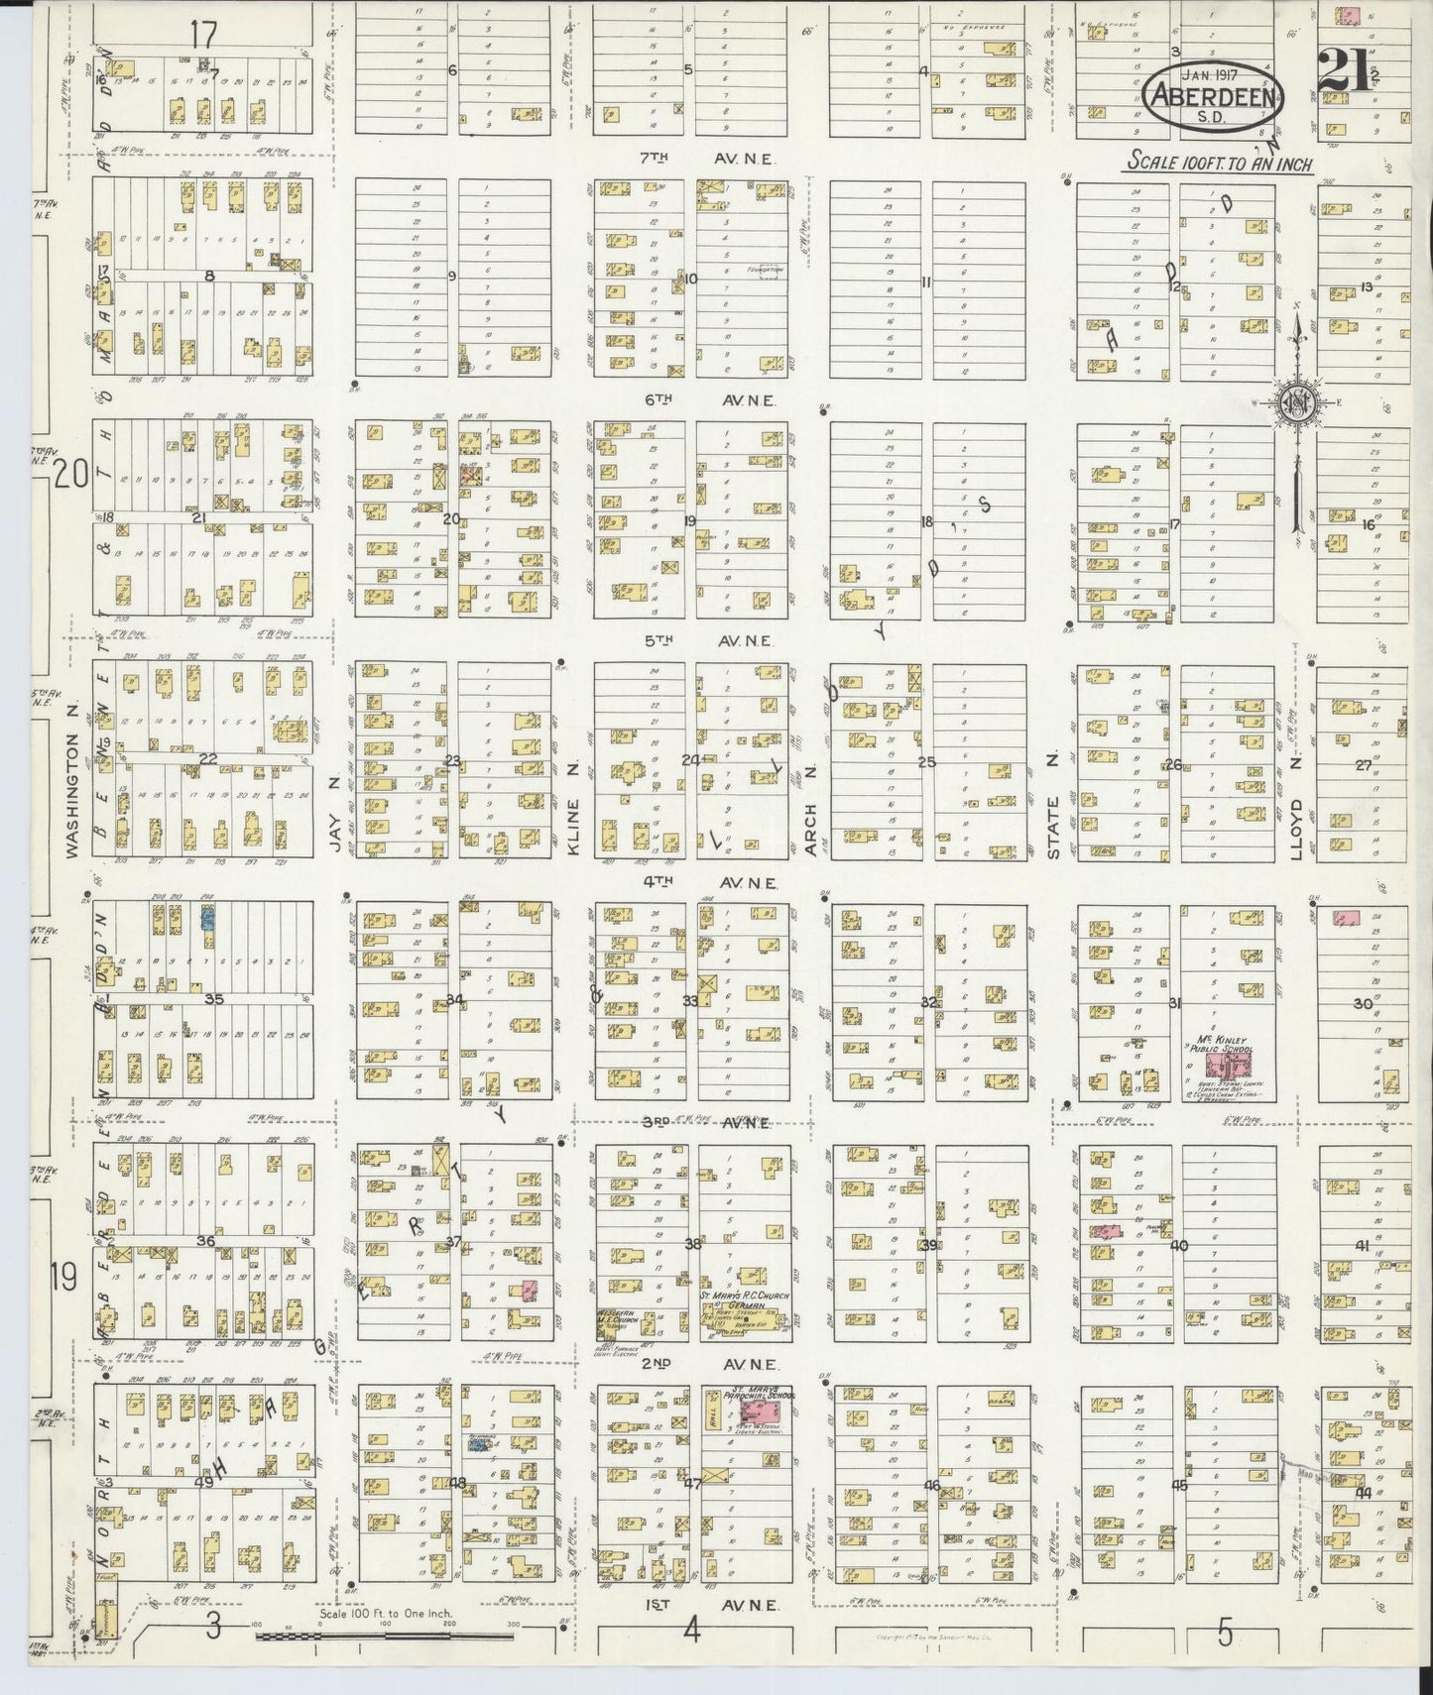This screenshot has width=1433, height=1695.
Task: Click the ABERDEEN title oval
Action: (x=1215, y=96)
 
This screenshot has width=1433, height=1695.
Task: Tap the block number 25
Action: (x=927, y=762)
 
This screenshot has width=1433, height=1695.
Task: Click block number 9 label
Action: (x=451, y=277)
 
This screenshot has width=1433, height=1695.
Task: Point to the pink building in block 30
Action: (x=1345, y=919)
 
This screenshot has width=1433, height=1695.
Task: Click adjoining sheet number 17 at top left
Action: (x=203, y=35)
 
